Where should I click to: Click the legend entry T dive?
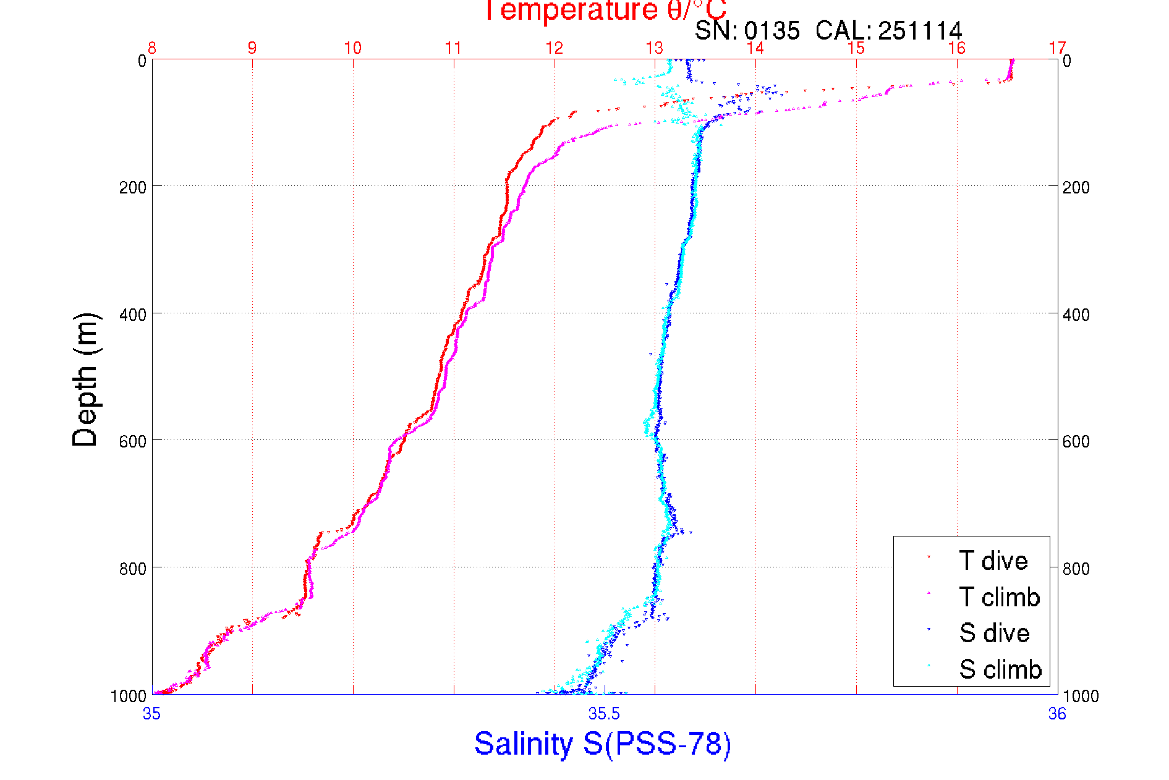993,561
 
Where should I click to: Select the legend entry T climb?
999,597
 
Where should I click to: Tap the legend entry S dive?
994,633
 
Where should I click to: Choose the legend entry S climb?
1000,669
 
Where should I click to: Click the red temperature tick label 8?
152,48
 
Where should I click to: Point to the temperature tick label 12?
555,48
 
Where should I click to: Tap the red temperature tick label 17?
1058,48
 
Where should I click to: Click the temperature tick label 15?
856,48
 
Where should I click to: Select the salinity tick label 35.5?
604,714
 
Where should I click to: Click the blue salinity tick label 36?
1057,714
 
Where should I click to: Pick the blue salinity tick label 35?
151,714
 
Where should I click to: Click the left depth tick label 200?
132,187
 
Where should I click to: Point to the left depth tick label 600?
132,441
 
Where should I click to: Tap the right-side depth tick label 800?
1076,569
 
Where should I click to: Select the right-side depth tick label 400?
1076,315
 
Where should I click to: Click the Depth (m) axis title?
85,379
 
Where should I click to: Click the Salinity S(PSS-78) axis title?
603,744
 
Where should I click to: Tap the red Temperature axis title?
605,10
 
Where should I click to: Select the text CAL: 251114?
888,30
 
